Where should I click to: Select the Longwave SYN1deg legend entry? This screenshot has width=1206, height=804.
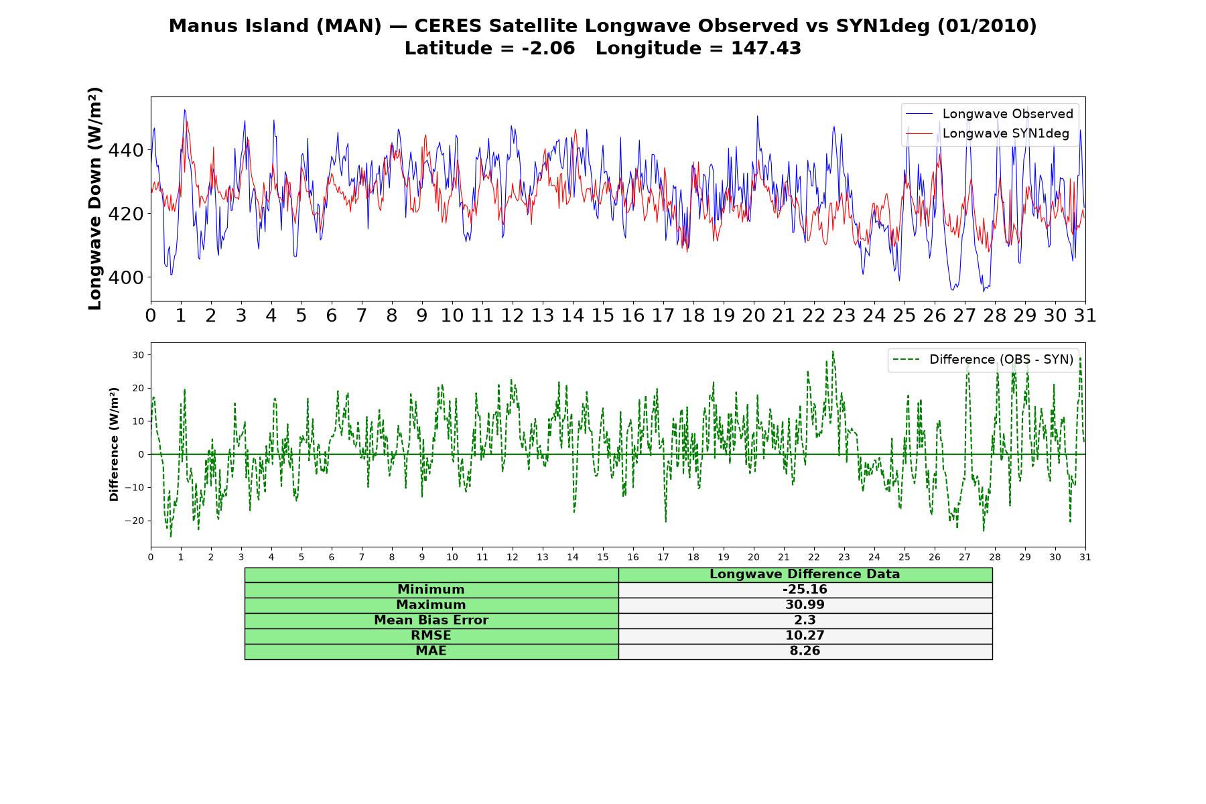pos(988,133)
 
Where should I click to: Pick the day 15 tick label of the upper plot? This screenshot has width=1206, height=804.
pos(603,316)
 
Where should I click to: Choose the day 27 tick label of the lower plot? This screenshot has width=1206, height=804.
pos(965,557)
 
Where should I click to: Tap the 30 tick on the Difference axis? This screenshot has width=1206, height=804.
pos(139,354)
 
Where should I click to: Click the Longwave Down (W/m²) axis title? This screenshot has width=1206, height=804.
pos(94,198)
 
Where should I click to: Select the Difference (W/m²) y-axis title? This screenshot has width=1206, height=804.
pos(114,444)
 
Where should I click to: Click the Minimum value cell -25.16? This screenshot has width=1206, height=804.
pos(805,590)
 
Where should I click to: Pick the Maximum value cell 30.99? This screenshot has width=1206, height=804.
pos(805,605)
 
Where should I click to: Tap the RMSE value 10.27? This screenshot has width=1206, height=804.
pos(805,636)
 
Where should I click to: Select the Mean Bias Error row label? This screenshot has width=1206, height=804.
pos(431,620)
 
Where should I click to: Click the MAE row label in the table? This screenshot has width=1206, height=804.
pos(431,651)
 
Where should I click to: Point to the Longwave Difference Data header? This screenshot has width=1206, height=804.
pos(805,574)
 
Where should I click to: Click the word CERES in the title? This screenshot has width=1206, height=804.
pos(448,26)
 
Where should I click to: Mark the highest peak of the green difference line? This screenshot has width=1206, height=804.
pos(833,351)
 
